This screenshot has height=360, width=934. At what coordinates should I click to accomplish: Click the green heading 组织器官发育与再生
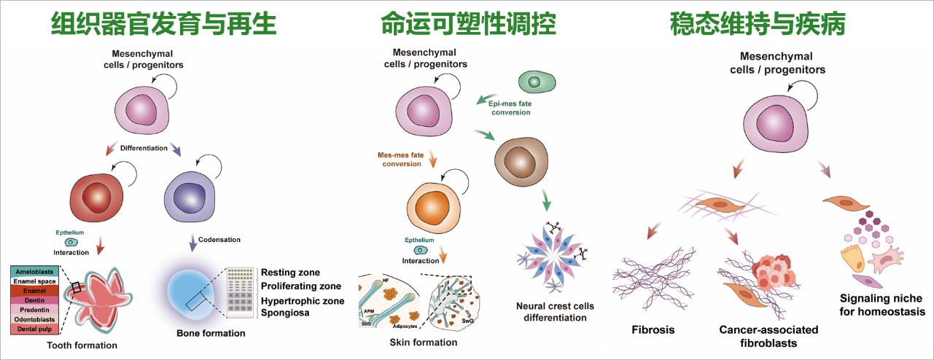click(x=164, y=25)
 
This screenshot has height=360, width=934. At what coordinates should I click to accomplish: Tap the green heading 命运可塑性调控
click(x=468, y=25)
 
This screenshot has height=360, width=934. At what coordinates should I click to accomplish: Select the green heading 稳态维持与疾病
click(x=758, y=25)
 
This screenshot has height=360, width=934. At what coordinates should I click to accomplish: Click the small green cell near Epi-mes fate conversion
click(x=537, y=82)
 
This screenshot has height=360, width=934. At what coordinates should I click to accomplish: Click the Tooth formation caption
click(x=81, y=345)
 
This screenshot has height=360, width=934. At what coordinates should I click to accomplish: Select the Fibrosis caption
click(x=653, y=329)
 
